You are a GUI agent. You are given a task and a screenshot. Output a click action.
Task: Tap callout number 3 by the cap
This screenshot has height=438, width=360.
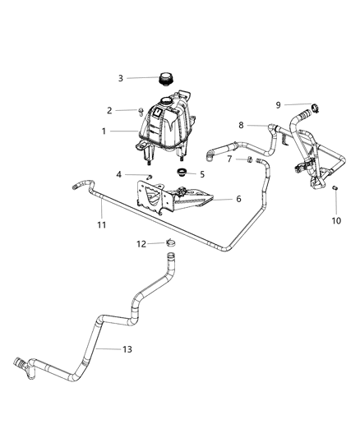click(121, 79)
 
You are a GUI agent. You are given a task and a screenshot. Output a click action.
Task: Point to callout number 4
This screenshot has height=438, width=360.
click(119, 173)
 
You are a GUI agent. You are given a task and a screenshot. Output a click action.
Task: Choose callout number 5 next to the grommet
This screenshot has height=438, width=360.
click(203, 173)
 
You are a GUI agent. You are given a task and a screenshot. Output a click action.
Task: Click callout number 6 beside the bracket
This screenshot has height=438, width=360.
click(238, 198)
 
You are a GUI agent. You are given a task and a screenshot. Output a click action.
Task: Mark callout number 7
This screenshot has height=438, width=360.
click(231, 158)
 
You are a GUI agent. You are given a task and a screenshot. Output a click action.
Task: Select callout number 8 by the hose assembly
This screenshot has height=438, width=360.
click(241, 126)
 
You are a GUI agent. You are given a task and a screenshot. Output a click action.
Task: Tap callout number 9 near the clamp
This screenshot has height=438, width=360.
click(279, 104)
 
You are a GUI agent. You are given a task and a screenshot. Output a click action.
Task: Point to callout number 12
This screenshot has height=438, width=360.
click(141, 244)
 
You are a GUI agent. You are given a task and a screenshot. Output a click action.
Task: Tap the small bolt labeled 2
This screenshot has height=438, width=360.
click(141, 110)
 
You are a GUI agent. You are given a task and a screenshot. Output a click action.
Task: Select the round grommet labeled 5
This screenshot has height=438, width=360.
click(180, 173)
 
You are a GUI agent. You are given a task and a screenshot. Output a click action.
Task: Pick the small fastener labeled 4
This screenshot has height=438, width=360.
click(149, 175)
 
